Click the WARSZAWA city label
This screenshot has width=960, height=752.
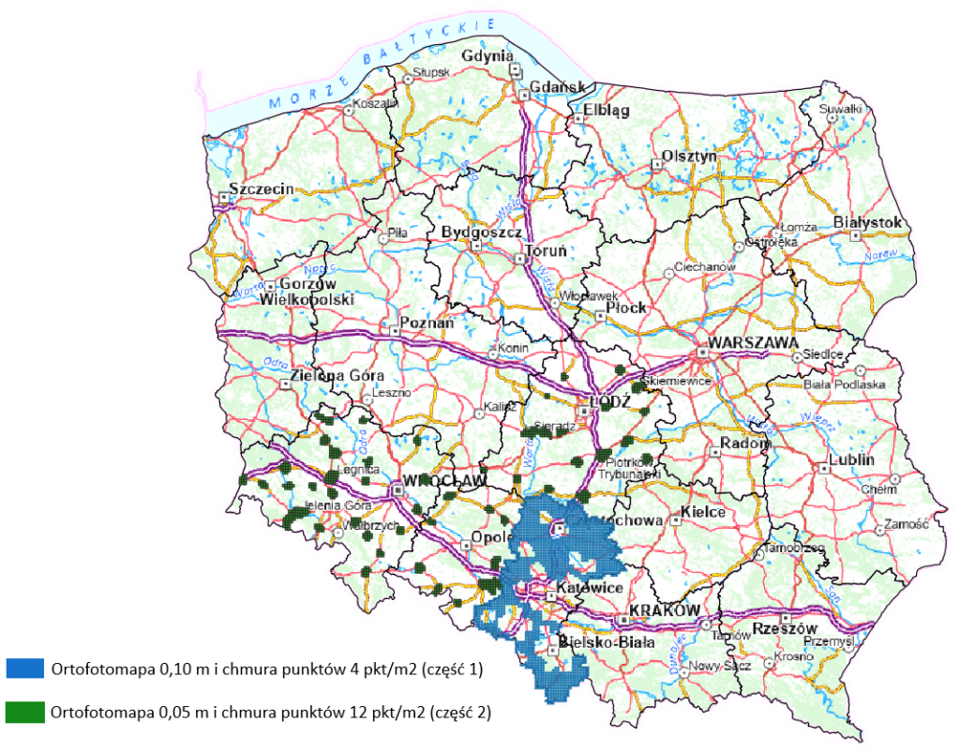(753, 343)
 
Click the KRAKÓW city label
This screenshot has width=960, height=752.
(665, 610)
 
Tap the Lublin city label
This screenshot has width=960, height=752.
(851, 460)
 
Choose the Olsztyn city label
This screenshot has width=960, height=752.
(689, 156)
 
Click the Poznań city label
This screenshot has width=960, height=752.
(427, 323)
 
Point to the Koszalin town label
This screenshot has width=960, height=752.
(375, 104)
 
